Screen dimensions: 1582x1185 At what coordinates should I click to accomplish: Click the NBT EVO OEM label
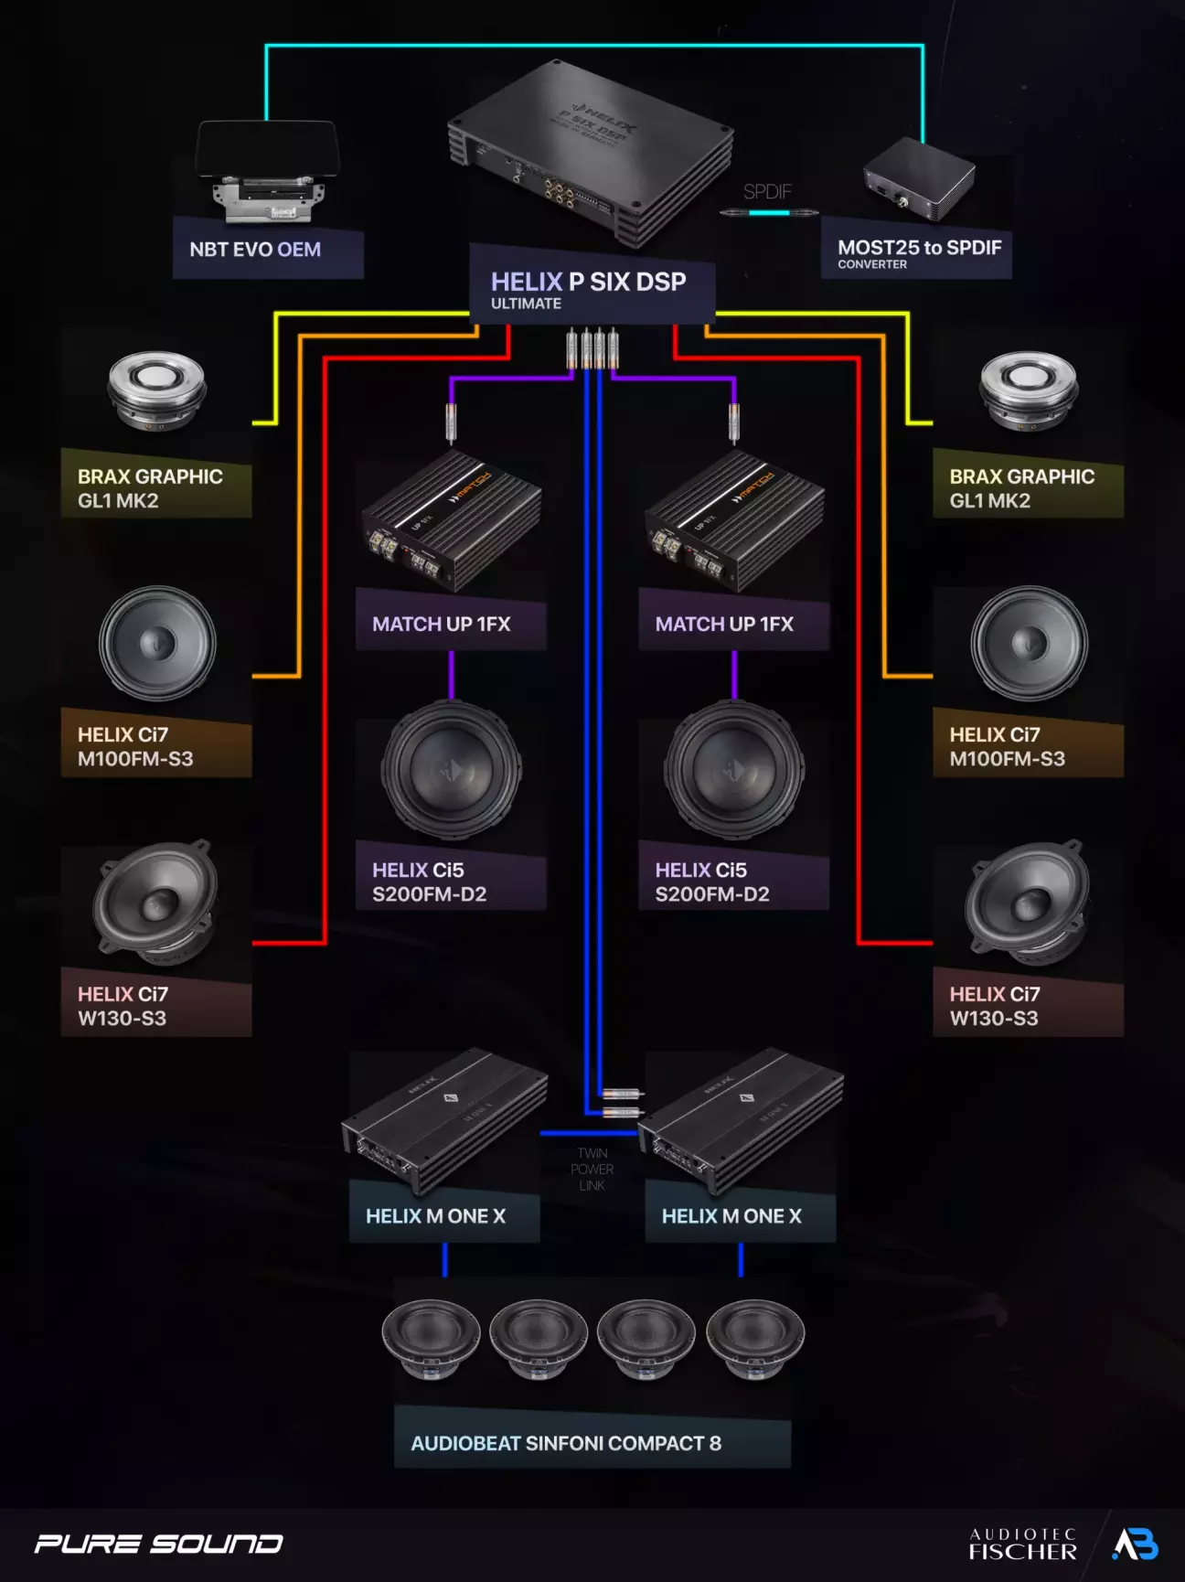(x=255, y=250)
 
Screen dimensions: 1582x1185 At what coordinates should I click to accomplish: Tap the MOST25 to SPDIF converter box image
(x=918, y=179)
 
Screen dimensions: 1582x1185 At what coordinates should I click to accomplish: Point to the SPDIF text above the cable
(x=766, y=192)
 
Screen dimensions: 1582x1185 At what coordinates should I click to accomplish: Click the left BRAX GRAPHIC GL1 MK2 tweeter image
(x=156, y=391)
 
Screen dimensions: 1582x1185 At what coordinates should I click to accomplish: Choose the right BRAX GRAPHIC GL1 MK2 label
(x=1021, y=488)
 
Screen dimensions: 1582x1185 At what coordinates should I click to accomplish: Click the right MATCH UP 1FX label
(x=724, y=625)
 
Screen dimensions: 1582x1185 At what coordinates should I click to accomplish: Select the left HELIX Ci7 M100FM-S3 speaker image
(x=157, y=644)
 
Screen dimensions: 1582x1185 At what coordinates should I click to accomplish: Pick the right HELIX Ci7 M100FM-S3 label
(x=1007, y=746)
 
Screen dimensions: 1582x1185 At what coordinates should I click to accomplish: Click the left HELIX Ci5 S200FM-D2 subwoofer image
(x=452, y=771)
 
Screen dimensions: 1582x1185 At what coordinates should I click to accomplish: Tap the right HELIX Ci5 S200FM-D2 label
(x=712, y=882)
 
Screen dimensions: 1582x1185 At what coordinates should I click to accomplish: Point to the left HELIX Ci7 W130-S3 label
(x=123, y=1006)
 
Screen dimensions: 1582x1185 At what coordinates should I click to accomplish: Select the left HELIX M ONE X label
(x=435, y=1216)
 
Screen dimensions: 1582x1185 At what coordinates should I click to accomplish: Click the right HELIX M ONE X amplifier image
(x=742, y=1119)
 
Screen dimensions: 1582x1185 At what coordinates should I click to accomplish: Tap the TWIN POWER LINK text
(x=592, y=1170)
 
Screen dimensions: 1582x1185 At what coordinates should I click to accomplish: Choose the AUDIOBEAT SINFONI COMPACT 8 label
(x=566, y=1443)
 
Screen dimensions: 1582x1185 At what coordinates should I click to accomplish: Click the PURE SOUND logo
(x=158, y=1544)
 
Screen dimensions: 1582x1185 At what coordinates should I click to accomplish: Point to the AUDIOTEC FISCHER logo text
(x=1022, y=1544)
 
